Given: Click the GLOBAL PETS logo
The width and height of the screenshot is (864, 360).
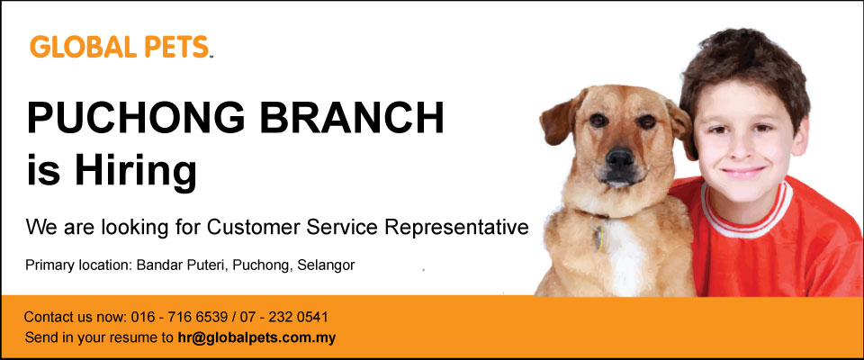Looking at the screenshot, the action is click(121, 47).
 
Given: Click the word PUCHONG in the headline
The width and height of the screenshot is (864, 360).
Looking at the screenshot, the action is click(136, 119).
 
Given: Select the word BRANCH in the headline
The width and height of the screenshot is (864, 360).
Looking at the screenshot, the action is click(352, 119).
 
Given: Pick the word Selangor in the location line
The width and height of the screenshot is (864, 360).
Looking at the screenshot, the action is click(326, 265).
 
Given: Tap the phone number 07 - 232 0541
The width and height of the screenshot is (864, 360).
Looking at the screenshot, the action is click(283, 317).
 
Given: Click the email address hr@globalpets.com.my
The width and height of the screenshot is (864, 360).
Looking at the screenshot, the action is click(256, 337).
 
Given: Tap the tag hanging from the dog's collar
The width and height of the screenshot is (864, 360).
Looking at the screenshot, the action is click(598, 236).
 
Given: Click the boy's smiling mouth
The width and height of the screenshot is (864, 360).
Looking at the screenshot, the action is click(742, 171).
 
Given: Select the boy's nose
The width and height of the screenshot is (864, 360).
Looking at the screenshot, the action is click(740, 148).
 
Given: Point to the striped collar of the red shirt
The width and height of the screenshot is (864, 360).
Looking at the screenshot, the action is click(748, 211).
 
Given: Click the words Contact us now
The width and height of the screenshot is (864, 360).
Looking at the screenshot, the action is click(75, 317).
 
